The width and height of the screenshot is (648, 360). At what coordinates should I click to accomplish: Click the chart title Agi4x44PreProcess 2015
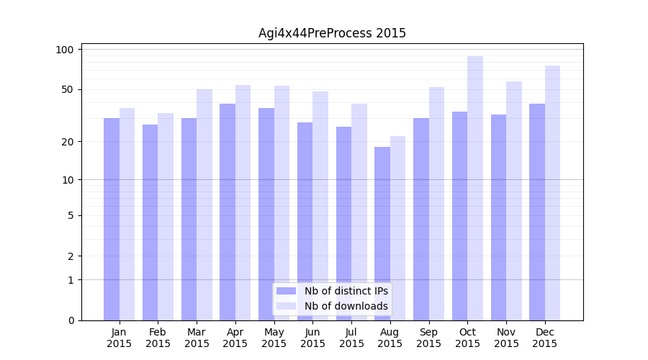tap(332, 33)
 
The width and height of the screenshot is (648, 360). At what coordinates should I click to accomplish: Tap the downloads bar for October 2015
tap(475, 188)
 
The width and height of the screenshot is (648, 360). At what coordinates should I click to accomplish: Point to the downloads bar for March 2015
tap(204, 204)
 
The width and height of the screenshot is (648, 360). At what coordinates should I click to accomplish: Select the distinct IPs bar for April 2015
tap(228, 212)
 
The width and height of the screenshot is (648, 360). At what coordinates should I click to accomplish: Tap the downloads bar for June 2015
tap(320, 206)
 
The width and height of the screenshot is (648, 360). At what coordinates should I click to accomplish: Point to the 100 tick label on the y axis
tap(65, 50)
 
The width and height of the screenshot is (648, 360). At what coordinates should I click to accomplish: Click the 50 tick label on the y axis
tap(67, 89)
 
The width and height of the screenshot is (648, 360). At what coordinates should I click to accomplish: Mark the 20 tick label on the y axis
tap(67, 141)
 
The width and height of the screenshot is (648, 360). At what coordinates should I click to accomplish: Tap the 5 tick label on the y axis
tap(70, 215)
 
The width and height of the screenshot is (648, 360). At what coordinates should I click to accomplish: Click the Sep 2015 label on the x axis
tap(428, 338)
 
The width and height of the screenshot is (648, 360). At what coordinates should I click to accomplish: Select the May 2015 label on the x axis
tap(274, 338)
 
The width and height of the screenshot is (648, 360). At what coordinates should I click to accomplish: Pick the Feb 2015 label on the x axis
tap(158, 338)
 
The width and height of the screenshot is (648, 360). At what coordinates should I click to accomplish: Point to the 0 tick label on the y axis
tap(70, 320)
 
